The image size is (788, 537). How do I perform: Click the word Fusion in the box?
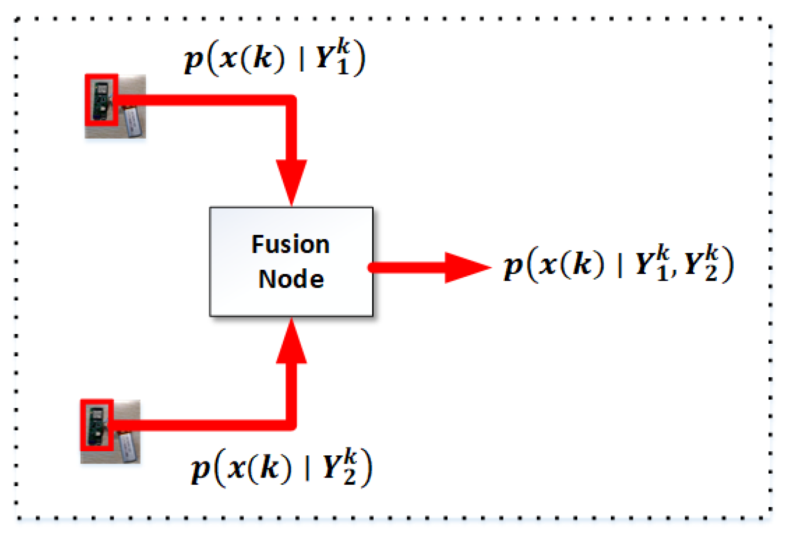(290, 244)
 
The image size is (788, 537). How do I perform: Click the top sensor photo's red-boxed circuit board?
(101, 100)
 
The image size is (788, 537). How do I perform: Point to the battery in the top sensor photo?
(132, 121)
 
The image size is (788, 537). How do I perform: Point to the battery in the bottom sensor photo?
(128, 446)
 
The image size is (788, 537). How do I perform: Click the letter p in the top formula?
(193, 60)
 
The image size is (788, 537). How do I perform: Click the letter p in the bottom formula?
(200, 470)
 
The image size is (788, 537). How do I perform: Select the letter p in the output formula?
(513, 266)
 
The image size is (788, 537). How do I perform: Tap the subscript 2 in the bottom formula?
(349, 477)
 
